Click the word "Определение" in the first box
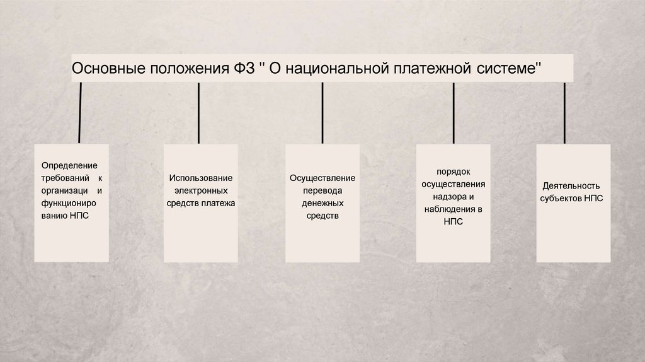click(x=69, y=165)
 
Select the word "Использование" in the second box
click(x=200, y=178)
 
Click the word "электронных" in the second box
click(x=200, y=190)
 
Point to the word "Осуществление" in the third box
click(x=322, y=178)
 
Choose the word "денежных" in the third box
click(x=322, y=204)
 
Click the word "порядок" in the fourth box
click(x=454, y=172)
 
